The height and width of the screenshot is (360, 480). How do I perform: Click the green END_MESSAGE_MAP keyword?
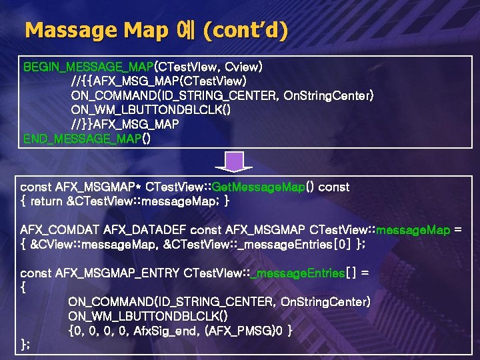83,139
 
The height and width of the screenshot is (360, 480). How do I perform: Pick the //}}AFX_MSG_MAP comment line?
125,125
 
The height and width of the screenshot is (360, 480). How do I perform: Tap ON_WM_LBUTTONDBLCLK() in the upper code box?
151,110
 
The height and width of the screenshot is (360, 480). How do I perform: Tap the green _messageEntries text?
299,273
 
